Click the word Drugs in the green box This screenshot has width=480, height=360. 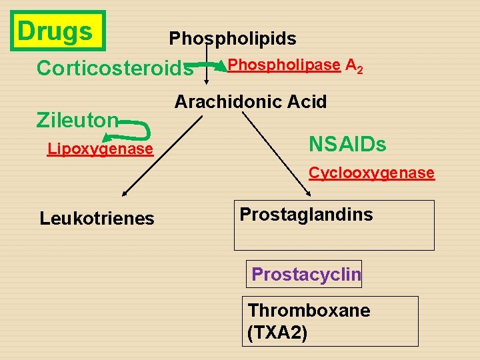pyautogui.click(x=55, y=31)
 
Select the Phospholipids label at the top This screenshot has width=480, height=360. pyautogui.click(x=233, y=39)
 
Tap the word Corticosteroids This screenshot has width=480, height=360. pyautogui.click(x=115, y=68)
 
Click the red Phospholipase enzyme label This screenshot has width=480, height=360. pyautogui.click(x=284, y=65)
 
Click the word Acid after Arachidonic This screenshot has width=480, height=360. pyautogui.click(x=303, y=102)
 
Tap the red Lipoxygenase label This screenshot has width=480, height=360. pyautogui.click(x=101, y=149)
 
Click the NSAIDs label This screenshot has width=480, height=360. pyautogui.click(x=347, y=144)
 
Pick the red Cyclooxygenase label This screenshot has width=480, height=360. pyautogui.click(x=371, y=173)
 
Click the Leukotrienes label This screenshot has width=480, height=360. pyautogui.click(x=97, y=218)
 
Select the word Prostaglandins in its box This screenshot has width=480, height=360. pyautogui.click(x=306, y=214)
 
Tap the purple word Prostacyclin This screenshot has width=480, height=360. pyautogui.click(x=306, y=274)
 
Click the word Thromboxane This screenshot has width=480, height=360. pyautogui.click(x=309, y=311)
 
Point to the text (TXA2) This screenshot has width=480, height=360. pyautogui.click(x=277, y=332)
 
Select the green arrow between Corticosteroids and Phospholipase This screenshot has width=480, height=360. pyautogui.click(x=213, y=65)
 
